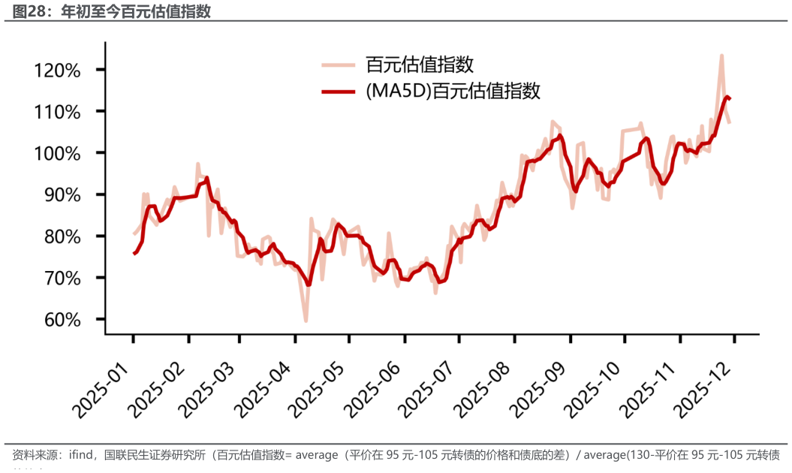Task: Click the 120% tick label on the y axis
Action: [x=58, y=71]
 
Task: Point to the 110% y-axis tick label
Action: [x=58, y=112]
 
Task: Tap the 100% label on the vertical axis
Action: [x=58, y=153]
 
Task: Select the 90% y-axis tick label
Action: [x=62, y=195]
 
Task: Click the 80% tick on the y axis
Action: [x=62, y=236]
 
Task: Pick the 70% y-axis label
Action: [x=62, y=279]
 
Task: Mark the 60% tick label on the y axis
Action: [x=62, y=320]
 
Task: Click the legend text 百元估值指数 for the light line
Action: [x=420, y=65]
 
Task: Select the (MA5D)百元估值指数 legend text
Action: [x=453, y=92]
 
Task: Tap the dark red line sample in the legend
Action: [x=339, y=92]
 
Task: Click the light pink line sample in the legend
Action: [x=339, y=65]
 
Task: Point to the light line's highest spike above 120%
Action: [x=721, y=56]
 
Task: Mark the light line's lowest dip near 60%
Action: [x=306, y=321]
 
